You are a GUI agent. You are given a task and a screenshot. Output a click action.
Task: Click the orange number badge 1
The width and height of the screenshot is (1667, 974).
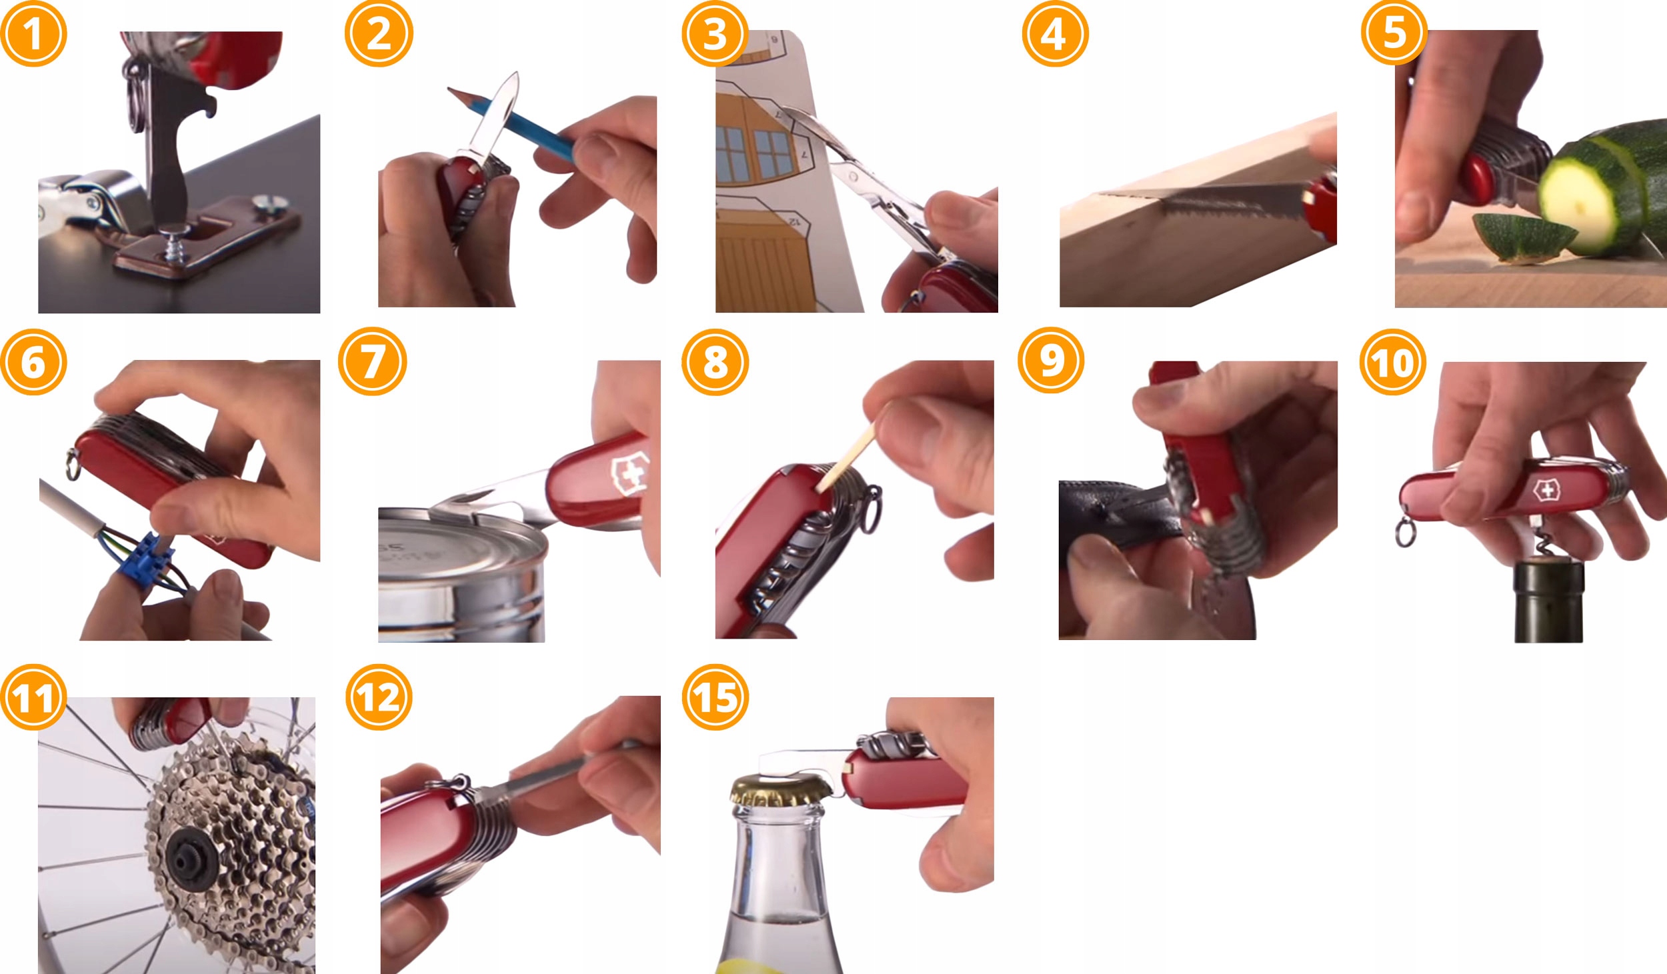pyautogui.click(x=33, y=33)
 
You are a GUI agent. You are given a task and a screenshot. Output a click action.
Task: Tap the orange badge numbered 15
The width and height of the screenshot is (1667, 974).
pyautogui.click(x=715, y=697)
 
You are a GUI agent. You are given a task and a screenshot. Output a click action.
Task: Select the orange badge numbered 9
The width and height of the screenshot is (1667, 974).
pyautogui.click(x=1051, y=360)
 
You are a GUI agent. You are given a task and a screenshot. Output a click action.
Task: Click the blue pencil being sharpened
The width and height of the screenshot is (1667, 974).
pyautogui.click(x=510, y=123)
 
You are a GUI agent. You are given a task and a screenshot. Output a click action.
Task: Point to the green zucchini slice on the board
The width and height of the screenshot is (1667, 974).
pyautogui.click(x=1524, y=237)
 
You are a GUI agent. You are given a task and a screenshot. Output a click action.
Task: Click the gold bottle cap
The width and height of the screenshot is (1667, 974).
pyautogui.click(x=780, y=791)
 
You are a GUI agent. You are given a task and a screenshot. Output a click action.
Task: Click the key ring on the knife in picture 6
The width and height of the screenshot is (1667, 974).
pyautogui.click(x=72, y=465)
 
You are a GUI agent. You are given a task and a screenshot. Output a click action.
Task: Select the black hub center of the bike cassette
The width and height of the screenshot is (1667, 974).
pyautogui.click(x=191, y=855)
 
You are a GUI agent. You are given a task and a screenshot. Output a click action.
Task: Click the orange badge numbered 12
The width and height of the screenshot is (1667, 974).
pyautogui.click(x=379, y=697)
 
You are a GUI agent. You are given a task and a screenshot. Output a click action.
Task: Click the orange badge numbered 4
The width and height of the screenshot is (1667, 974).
pyautogui.click(x=1055, y=33)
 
